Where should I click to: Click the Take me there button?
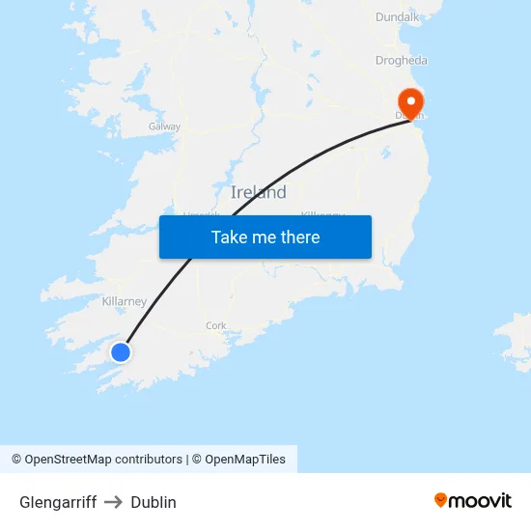click(265, 238)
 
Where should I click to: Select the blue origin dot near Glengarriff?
click(121, 352)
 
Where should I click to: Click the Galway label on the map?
click(164, 126)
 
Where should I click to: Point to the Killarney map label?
click(125, 301)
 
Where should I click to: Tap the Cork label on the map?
click(216, 325)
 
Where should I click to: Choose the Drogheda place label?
click(402, 60)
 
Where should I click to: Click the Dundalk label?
click(398, 16)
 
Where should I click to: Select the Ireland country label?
click(259, 192)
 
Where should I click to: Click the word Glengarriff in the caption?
click(58, 502)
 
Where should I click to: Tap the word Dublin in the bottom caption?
click(154, 502)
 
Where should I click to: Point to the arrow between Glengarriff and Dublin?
click(114, 502)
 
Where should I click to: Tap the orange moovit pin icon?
click(441, 500)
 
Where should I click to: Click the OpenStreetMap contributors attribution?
click(97, 460)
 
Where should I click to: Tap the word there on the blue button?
click(298, 238)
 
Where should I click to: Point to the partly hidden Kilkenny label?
click(322, 214)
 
